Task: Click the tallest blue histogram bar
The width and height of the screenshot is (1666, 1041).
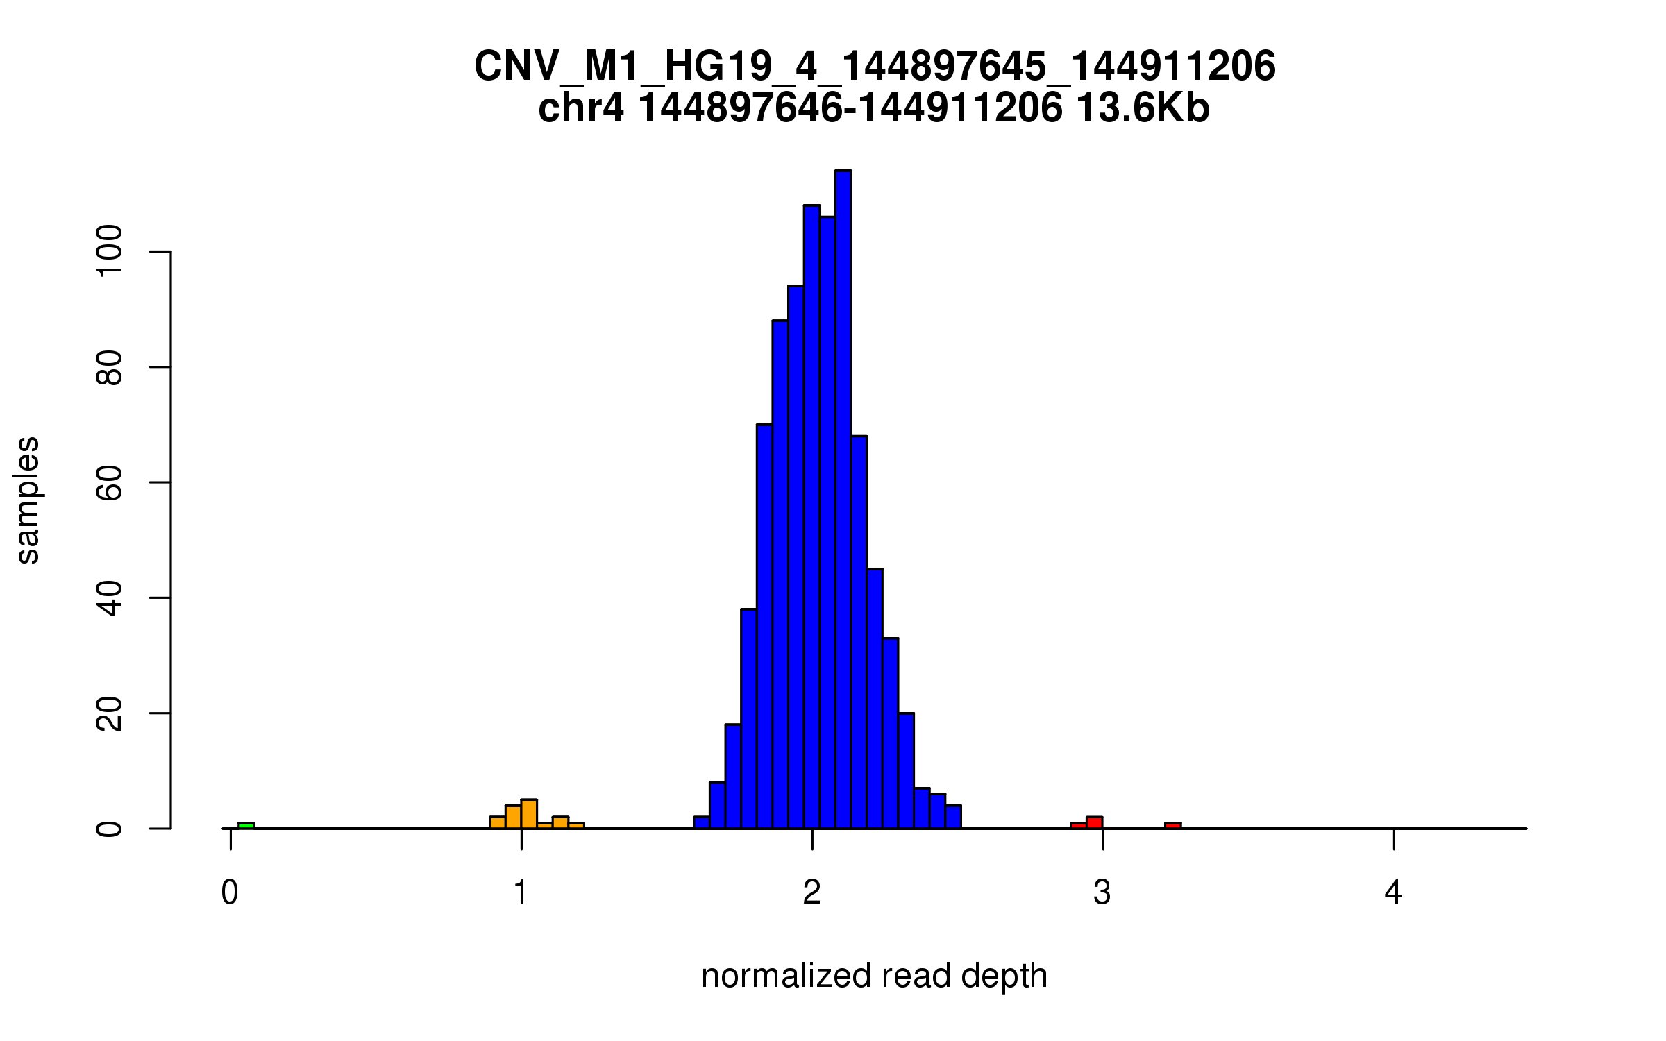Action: [x=843, y=500]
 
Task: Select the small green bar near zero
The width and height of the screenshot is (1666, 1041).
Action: [x=246, y=825]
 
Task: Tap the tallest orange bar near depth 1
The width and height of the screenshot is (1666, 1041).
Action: [x=529, y=814]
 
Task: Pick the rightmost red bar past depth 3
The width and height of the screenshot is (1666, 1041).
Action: [x=1172, y=825]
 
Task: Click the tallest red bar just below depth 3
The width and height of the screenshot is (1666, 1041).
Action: [x=1095, y=822]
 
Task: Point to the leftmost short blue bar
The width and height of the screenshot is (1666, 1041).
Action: [x=701, y=822]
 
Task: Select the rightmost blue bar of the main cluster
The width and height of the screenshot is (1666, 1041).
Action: [x=953, y=817]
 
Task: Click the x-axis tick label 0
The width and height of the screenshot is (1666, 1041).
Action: [x=230, y=892]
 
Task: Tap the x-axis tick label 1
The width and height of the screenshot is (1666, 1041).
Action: [x=521, y=892]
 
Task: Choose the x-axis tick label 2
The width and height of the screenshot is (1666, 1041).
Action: [x=811, y=892]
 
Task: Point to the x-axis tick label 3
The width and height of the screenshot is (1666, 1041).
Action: [x=1102, y=892]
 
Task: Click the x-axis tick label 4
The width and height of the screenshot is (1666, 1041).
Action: [x=1393, y=892]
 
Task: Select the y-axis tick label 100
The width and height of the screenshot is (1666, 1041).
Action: [x=110, y=251]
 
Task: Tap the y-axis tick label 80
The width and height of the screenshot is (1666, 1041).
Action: [x=110, y=366]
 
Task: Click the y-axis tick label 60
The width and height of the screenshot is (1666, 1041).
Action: [x=110, y=482]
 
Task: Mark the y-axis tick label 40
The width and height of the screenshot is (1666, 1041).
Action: [x=110, y=598]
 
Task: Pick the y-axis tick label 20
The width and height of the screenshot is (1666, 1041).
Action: [x=110, y=713]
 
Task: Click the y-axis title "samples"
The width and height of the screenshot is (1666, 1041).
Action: [x=28, y=500]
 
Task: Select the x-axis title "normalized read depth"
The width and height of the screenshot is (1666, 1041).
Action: [x=874, y=976]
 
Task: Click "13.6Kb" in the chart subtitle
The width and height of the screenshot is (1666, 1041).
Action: [x=1143, y=108]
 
